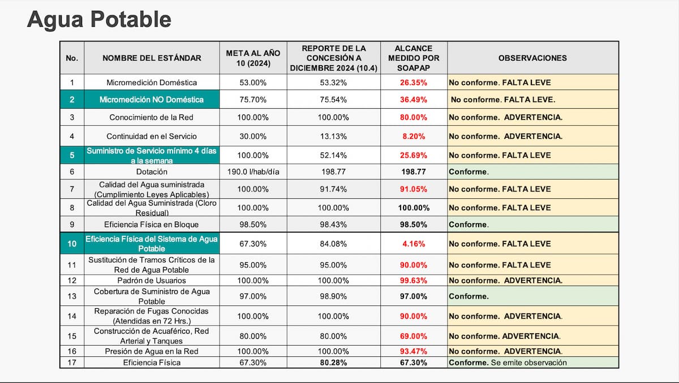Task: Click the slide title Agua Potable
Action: click(99, 19)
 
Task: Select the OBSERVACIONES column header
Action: click(532, 58)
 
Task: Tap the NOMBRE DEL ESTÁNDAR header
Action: click(152, 58)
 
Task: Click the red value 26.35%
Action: click(414, 83)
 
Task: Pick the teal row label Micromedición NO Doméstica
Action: click(152, 100)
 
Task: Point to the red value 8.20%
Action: click(414, 137)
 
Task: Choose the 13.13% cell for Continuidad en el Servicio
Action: click(333, 137)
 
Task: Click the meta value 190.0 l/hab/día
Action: click(253, 172)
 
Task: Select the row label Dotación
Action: click(152, 172)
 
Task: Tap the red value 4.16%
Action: click(414, 244)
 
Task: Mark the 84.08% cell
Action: click(333, 244)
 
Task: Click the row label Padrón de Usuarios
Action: click(152, 280)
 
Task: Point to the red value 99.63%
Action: click(414, 280)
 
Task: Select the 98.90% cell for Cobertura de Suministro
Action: click(333, 296)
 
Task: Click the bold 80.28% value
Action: click(333, 363)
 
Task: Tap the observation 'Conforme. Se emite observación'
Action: click(508, 363)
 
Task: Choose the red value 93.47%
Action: click(414, 351)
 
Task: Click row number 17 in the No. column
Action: click(72, 363)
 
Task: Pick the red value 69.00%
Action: click(414, 337)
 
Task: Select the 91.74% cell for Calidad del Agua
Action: click(333, 189)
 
